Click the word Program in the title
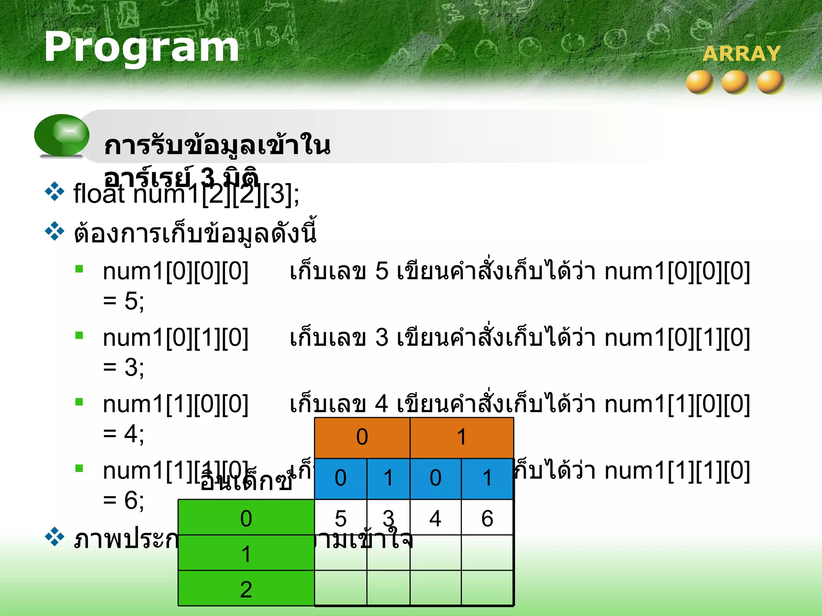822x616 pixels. tap(141, 47)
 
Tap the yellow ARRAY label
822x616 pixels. tap(741, 54)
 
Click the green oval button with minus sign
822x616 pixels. tap(62, 135)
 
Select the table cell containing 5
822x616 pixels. tap(340, 518)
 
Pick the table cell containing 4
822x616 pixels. tap(435, 518)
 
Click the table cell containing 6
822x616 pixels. tap(487, 518)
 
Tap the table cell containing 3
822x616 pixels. tap(388, 518)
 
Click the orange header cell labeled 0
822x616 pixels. tap(362, 437)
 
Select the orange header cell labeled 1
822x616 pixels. tap(462, 437)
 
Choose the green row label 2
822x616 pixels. tap(246, 588)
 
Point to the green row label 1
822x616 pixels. tap(246, 553)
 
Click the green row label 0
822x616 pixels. tap(246, 518)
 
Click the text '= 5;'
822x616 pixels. tap(124, 301)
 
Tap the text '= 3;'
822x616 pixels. tap(124, 367)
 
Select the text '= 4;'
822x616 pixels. tap(124, 434)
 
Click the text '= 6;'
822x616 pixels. tap(124, 500)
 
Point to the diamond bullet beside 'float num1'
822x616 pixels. tap(55, 192)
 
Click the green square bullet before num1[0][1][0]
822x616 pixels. tap(79, 335)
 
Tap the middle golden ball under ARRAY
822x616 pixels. tap(735, 82)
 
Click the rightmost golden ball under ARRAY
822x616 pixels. tap(770, 82)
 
